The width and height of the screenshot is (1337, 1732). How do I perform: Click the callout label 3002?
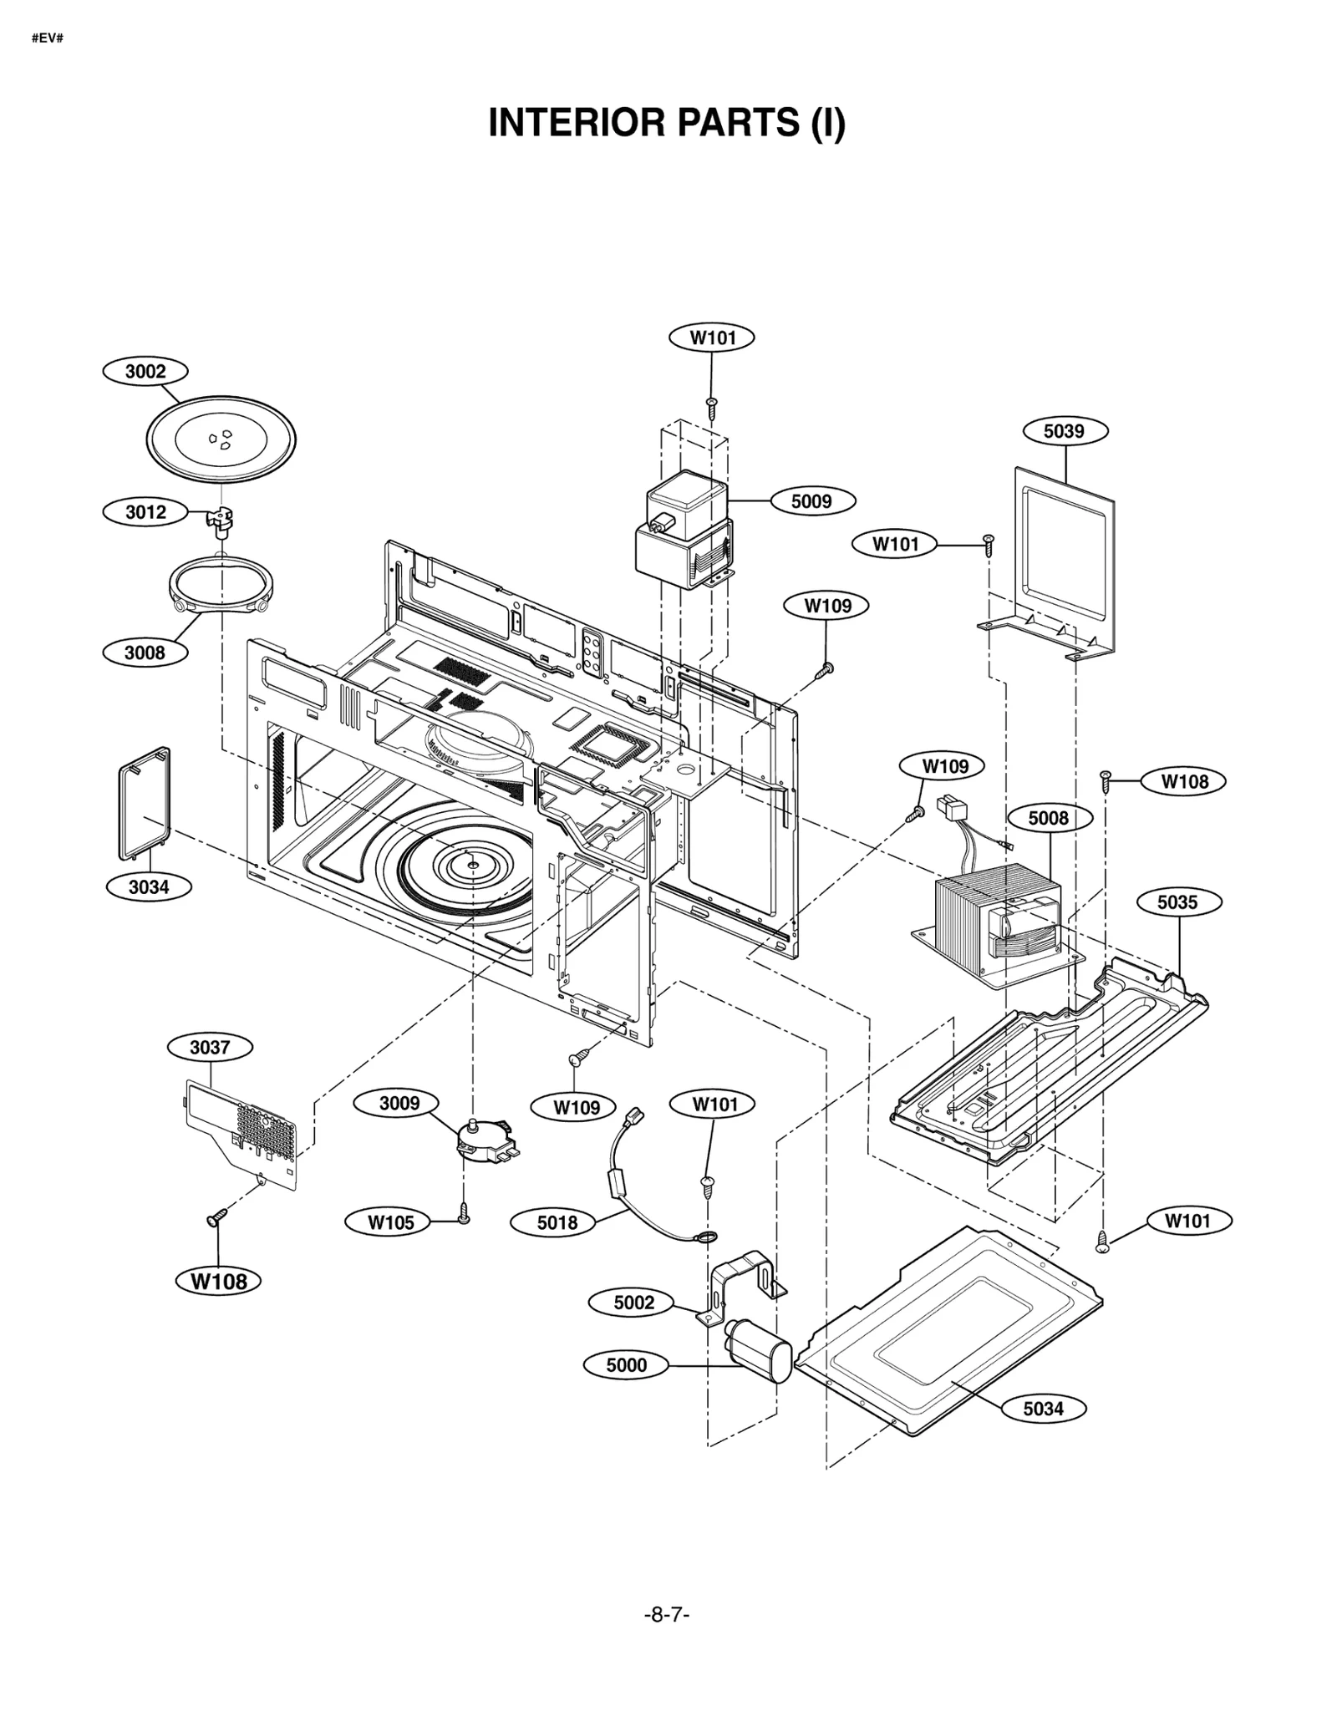[x=145, y=371]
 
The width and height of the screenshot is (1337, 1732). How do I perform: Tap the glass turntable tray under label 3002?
[x=221, y=439]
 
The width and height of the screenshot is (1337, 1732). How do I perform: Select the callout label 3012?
[x=145, y=511]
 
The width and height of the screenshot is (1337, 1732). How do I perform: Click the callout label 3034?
[x=149, y=886]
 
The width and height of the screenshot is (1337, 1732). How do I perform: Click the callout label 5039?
[x=1065, y=430]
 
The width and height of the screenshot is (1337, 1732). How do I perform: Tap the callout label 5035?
[x=1177, y=902]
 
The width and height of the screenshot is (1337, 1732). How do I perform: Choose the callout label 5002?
[x=633, y=1302]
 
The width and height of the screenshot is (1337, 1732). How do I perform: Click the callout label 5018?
[x=557, y=1222]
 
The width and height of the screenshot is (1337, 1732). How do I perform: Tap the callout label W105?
[x=390, y=1222]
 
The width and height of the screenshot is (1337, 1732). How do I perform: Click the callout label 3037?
[x=209, y=1047]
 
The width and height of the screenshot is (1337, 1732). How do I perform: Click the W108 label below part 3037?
[x=219, y=1281]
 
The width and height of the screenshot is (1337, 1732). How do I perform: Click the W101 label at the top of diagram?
[x=712, y=338]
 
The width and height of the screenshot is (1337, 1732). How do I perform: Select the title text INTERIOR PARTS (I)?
[x=667, y=123]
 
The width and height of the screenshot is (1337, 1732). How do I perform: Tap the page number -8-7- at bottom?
[x=667, y=1614]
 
